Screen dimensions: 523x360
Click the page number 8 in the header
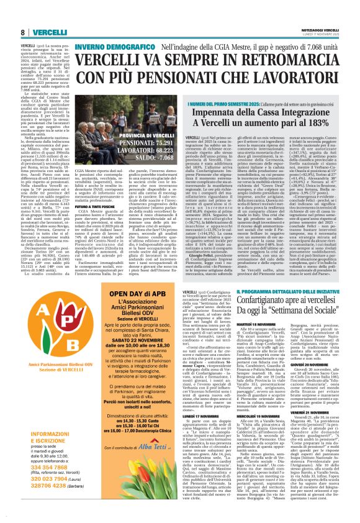tap(22, 15)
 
